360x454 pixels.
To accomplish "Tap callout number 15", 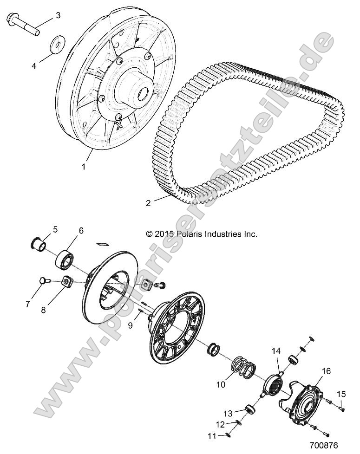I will (341, 394).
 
